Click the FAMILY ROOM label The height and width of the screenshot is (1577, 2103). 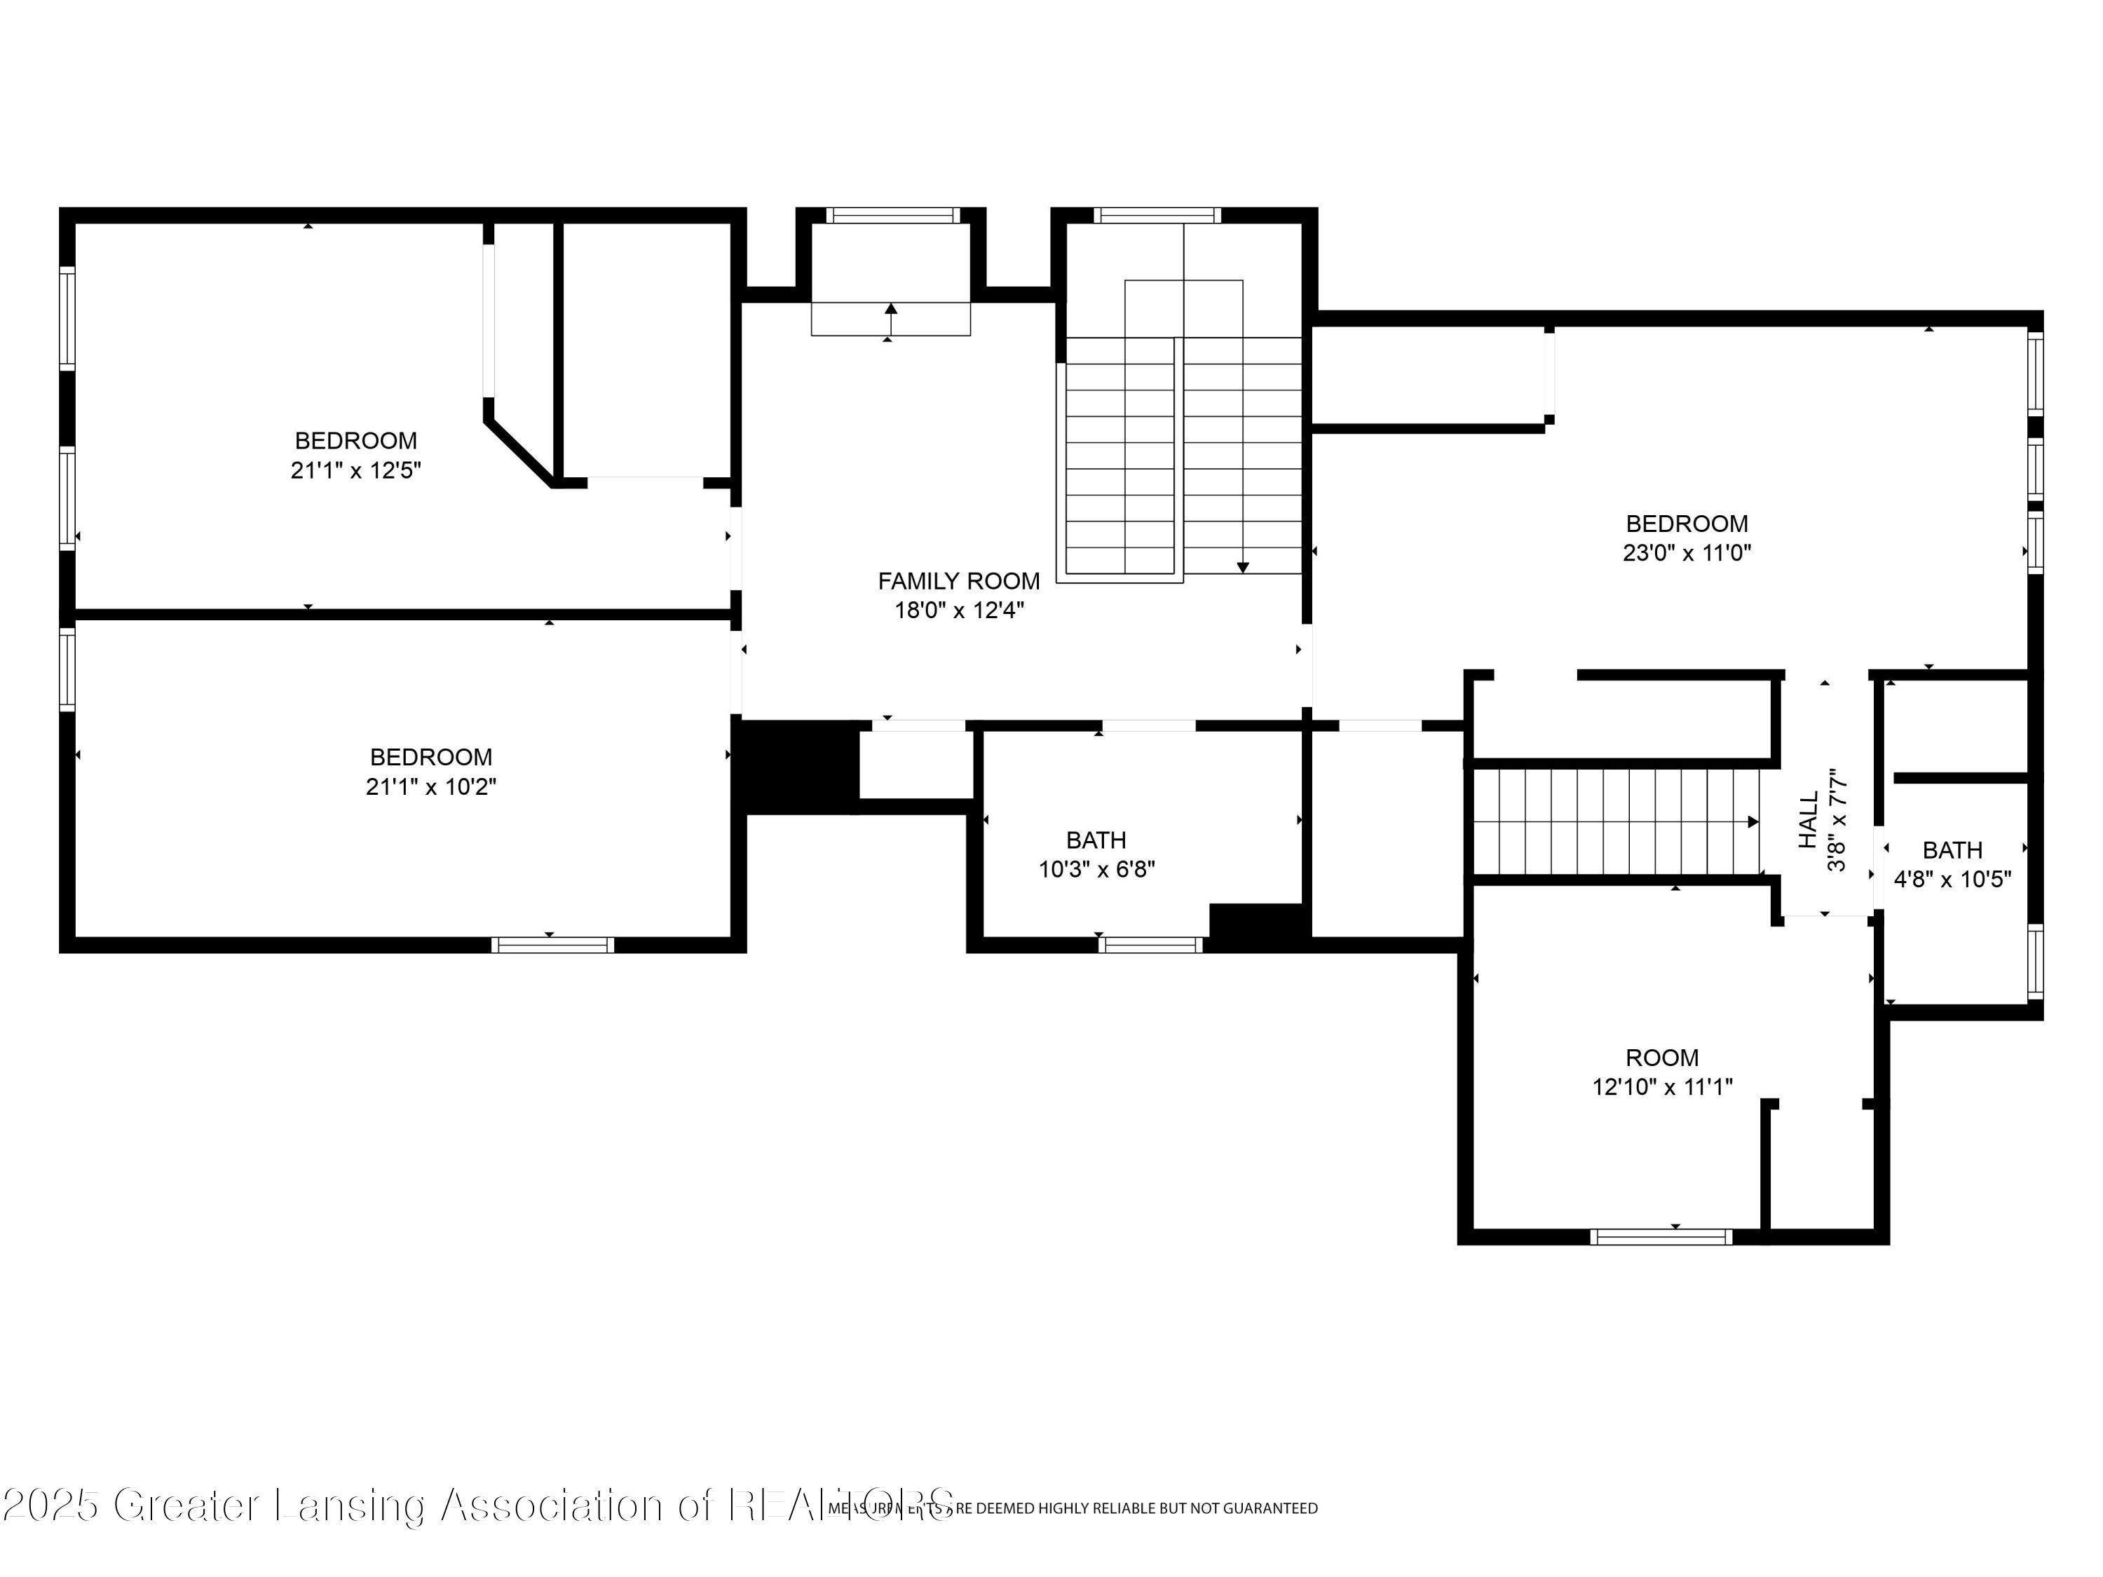[958, 581]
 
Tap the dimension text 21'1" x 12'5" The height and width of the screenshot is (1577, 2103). [355, 470]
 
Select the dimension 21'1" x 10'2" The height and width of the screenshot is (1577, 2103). [430, 787]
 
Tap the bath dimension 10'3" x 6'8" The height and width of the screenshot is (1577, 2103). [1096, 869]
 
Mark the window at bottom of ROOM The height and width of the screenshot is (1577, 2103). [1661, 1236]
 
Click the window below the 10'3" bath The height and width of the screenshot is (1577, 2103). [1150, 945]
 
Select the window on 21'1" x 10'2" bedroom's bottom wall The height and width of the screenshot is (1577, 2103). [552, 945]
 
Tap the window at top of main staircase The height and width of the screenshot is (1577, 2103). [1157, 216]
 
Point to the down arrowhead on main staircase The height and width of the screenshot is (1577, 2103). [1243, 568]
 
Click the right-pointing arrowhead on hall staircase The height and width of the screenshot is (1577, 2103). [1753, 821]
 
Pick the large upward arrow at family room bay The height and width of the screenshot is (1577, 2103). [891, 309]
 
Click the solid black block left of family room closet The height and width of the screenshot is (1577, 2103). [798, 766]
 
